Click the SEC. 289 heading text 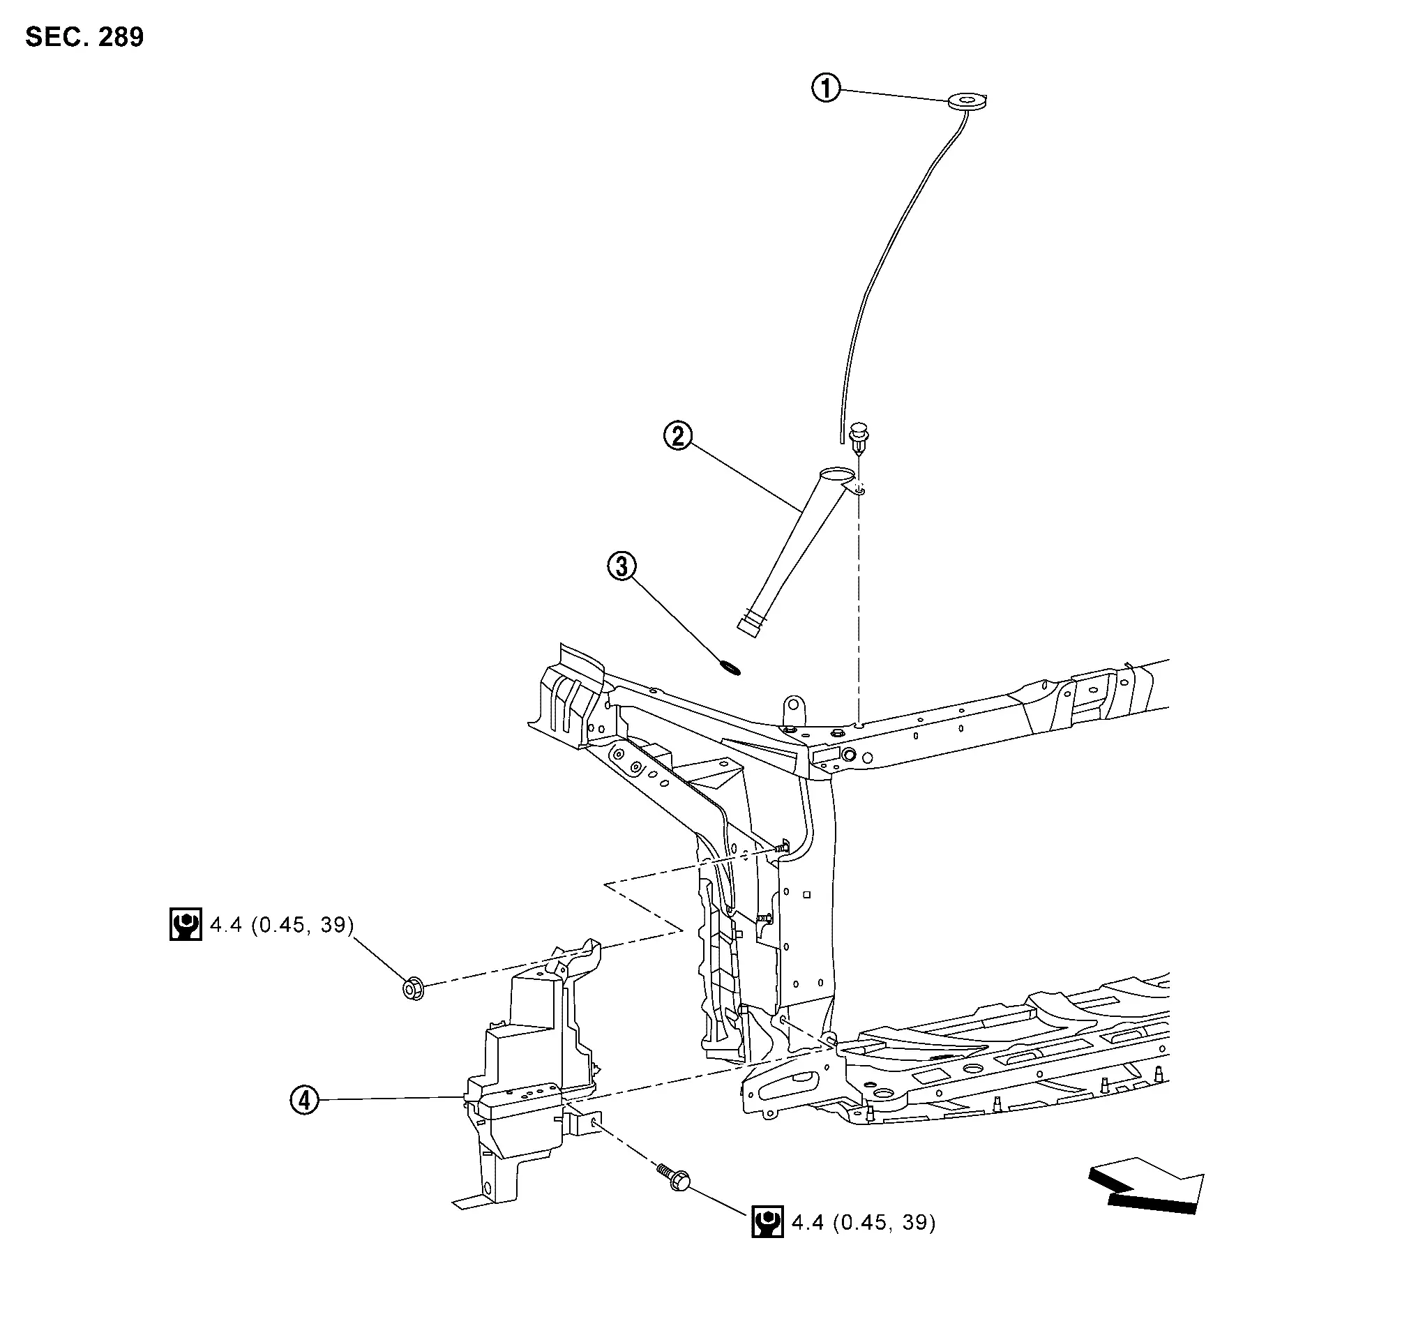(84, 37)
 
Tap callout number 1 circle (825, 89)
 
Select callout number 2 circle (678, 435)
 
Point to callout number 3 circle (622, 566)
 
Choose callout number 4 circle (305, 1100)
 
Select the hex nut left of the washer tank (413, 988)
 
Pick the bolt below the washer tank (672, 1177)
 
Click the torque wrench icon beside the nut (186, 924)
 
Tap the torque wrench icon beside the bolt (767, 1222)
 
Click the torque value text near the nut (282, 925)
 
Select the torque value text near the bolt (864, 1223)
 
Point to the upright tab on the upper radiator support (792, 709)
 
